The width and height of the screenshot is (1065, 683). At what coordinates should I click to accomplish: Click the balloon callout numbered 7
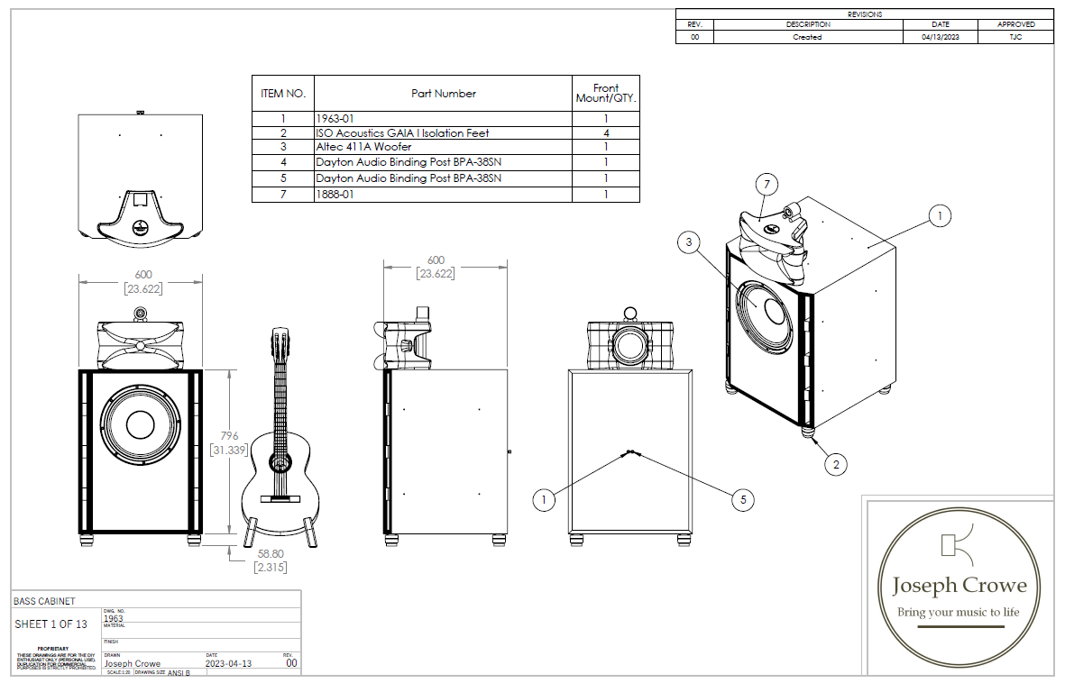click(767, 185)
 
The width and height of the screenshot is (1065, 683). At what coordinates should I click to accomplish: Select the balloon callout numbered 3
click(688, 241)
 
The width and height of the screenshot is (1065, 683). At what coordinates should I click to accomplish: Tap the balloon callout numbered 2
click(836, 464)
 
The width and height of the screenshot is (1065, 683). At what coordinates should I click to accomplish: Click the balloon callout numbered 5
click(742, 499)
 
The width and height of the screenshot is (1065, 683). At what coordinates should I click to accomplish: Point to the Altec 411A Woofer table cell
click(363, 147)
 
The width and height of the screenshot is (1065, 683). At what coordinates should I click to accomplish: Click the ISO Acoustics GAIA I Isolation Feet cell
click(402, 132)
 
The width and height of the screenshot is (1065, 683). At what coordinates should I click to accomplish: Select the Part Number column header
click(443, 93)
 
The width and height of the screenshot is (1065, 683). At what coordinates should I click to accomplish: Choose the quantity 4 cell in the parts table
click(606, 132)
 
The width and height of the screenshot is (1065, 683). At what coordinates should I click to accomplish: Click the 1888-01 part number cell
click(334, 195)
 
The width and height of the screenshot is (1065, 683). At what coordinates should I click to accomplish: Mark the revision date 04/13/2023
click(941, 37)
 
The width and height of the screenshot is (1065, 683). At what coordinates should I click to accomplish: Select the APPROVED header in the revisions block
click(1015, 24)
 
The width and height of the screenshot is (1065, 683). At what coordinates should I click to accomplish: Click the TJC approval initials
click(1015, 37)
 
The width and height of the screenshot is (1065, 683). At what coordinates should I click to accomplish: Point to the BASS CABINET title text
click(44, 601)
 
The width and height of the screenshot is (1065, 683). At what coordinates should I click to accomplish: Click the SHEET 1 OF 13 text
click(51, 624)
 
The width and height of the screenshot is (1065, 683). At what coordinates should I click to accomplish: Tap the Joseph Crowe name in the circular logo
click(959, 586)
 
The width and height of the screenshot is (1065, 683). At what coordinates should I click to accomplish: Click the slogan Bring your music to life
click(958, 613)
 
